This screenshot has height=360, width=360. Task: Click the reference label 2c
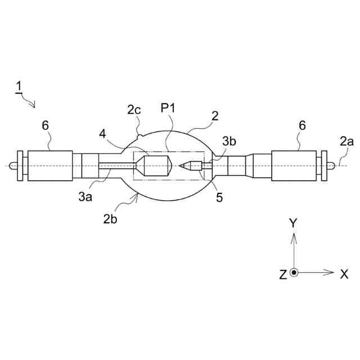(x=134, y=109)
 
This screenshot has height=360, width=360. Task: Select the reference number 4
(x=102, y=134)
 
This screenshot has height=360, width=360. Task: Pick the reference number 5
(x=220, y=197)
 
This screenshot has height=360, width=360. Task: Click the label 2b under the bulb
(x=110, y=219)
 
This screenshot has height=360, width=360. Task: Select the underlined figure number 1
(x=19, y=87)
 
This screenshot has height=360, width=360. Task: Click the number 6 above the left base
(x=45, y=125)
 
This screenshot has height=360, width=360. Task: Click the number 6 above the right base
(x=302, y=125)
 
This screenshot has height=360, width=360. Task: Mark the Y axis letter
(x=292, y=223)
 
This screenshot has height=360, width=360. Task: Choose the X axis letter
(x=344, y=274)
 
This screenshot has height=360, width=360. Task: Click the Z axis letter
(x=283, y=274)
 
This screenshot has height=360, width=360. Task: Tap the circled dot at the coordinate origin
(x=294, y=273)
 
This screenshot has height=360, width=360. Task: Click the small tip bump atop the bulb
(x=139, y=135)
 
